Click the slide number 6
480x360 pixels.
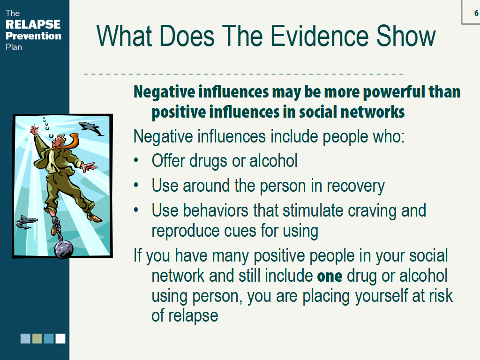(x=476, y=13)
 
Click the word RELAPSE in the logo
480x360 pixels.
(x=33, y=24)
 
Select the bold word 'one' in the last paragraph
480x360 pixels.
(x=330, y=276)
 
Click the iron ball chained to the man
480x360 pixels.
(x=64, y=248)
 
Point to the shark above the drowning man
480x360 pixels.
(x=91, y=128)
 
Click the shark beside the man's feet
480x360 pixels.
(x=27, y=222)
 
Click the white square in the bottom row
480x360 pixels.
(x=60, y=338)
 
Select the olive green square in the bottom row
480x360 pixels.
(x=37, y=338)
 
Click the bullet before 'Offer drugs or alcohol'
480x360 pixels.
(x=136, y=161)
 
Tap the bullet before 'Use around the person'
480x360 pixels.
(x=136, y=186)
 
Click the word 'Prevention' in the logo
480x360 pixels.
(x=33, y=36)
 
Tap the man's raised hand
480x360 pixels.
(x=34, y=130)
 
